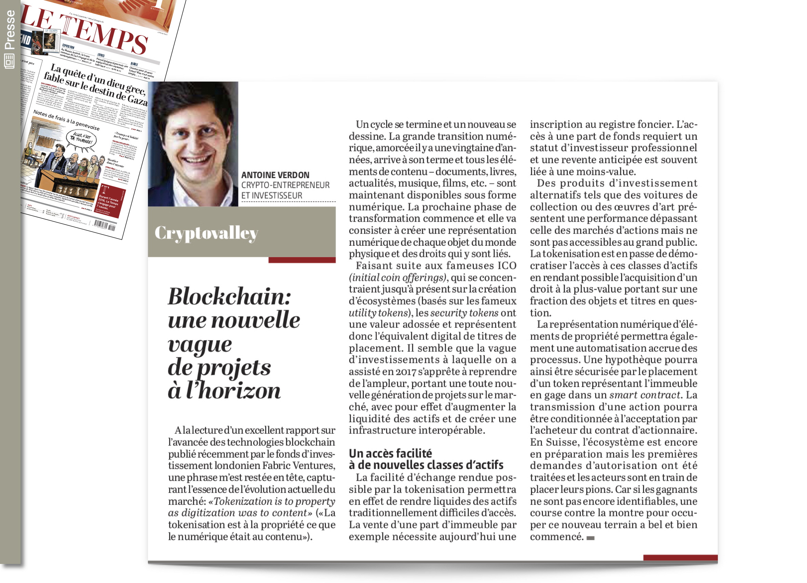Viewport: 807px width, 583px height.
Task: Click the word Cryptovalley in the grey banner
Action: tap(206, 233)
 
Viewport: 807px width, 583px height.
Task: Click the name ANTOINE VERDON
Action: tap(275, 175)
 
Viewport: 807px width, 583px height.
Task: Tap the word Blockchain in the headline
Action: tap(230, 297)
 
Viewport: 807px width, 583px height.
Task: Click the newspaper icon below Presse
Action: tap(9, 61)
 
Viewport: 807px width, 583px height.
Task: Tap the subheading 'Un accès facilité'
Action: tap(390, 453)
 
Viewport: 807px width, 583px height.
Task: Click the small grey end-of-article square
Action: tap(590, 538)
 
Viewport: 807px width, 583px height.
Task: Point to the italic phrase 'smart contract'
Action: tap(645, 395)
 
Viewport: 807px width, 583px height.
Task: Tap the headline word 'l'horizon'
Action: tap(233, 391)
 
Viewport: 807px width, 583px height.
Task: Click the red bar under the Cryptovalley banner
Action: tap(302, 260)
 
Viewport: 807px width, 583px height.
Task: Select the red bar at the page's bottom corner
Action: tap(680, 557)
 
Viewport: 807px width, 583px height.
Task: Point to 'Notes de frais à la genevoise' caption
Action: tap(66, 120)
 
